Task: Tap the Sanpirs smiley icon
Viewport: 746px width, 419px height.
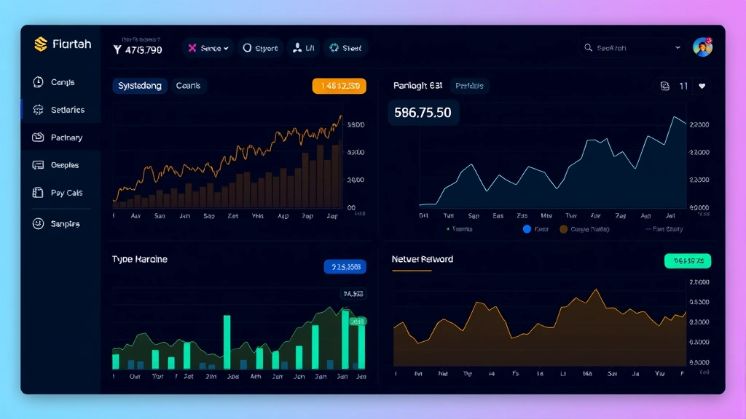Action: (x=39, y=224)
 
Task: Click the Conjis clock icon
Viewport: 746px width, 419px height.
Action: (x=39, y=82)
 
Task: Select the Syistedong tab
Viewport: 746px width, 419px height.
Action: (x=140, y=86)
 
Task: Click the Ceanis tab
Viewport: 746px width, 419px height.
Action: (x=188, y=86)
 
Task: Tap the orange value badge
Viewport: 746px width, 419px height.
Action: (x=339, y=86)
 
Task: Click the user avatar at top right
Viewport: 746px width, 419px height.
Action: (x=702, y=47)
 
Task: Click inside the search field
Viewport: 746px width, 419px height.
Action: (x=630, y=48)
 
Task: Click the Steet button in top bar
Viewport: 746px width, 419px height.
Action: (x=345, y=48)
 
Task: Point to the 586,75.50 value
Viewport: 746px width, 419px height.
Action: (x=423, y=113)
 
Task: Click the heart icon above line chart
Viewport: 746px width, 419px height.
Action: (x=702, y=86)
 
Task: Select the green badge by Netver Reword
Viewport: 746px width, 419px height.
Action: (x=687, y=260)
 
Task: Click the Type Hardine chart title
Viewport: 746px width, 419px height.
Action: (x=140, y=259)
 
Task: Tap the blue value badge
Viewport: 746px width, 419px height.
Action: (x=345, y=267)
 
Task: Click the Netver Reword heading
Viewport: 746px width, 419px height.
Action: (x=423, y=259)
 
